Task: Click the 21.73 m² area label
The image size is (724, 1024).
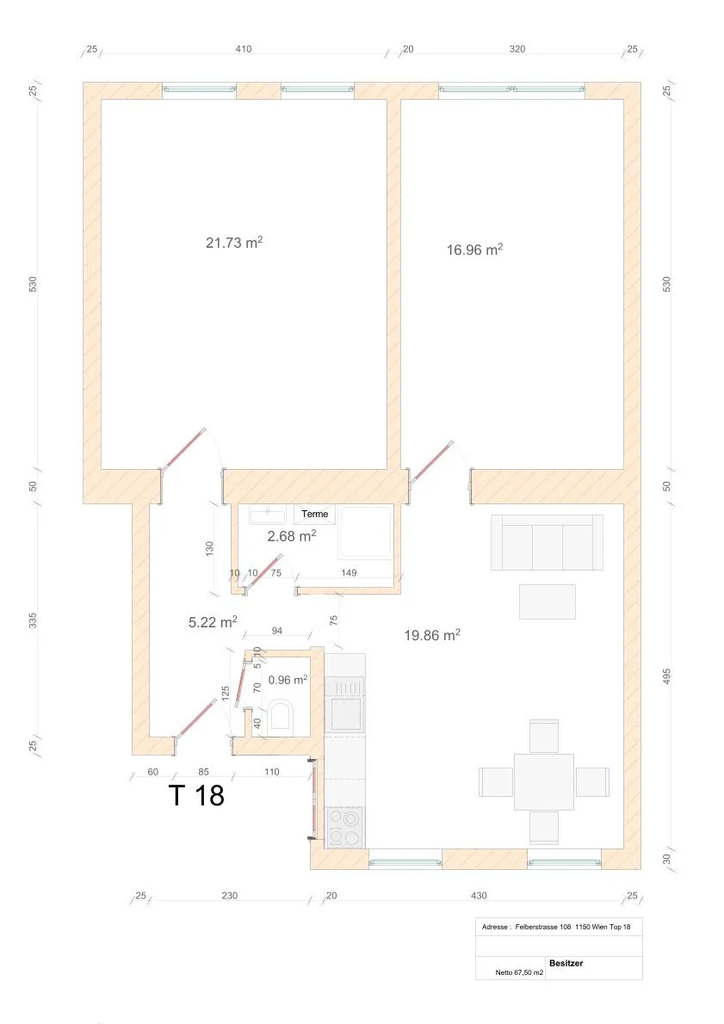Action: click(x=234, y=243)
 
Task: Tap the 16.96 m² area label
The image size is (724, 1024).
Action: click(x=474, y=250)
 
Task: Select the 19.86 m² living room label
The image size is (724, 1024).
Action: click(x=432, y=635)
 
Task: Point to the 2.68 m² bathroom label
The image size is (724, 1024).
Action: click(x=292, y=536)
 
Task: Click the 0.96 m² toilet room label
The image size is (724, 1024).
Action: click(x=288, y=680)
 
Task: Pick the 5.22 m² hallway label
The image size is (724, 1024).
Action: click(x=213, y=622)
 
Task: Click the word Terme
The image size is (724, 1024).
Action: click(x=315, y=514)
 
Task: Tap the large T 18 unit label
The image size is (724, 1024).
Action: click(x=196, y=795)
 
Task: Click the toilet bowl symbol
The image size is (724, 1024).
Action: click(x=282, y=714)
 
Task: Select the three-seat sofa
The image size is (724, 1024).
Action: click(x=547, y=542)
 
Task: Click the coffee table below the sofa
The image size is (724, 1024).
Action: click(x=548, y=601)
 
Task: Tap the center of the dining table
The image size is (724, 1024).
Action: click(x=544, y=781)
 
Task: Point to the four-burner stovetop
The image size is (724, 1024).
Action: click(x=344, y=827)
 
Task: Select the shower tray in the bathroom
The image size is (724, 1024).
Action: click(x=365, y=532)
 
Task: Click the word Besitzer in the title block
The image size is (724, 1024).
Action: click(x=566, y=963)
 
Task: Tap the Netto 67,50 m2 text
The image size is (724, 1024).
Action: click(x=519, y=972)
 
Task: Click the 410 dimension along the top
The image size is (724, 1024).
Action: click(x=244, y=49)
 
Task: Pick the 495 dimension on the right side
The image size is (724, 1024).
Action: click(x=666, y=675)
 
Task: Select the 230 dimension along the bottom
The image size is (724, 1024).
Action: click(x=229, y=895)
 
